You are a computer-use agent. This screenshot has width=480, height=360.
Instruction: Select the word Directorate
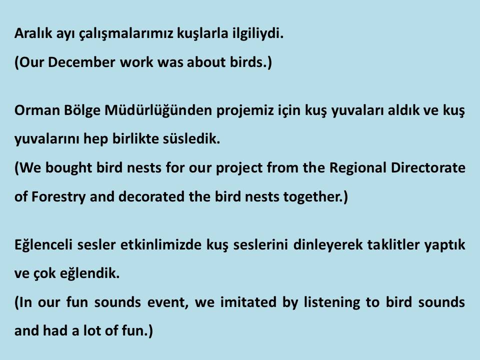pyautogui.click(x=429, y=167)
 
